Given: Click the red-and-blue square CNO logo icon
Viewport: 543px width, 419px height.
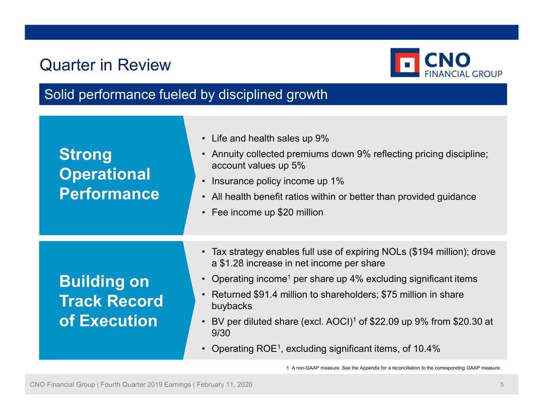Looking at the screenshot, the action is [x=405, y=63].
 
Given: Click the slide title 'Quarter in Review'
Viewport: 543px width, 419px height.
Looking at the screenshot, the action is [x=105, y=65].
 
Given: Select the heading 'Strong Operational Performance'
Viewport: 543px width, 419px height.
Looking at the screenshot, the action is [x=109, y=174].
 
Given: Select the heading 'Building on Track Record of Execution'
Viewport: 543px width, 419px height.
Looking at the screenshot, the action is [x=111, y=301].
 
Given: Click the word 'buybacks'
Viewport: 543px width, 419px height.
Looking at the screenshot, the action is [x=232, y=306].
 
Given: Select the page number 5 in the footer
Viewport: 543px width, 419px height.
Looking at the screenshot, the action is [x=502, y=384].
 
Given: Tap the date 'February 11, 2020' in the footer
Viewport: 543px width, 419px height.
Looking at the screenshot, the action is [x=224, y=384].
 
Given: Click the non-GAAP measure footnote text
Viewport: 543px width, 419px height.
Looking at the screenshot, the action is [x=394, y=368].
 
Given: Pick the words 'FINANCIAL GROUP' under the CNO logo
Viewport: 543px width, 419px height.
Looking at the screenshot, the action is [x=463, y=74].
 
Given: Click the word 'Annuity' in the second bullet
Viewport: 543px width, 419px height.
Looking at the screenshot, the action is [x=228, y=154].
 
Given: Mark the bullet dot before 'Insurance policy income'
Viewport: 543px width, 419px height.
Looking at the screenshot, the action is [x=204, y=182].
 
